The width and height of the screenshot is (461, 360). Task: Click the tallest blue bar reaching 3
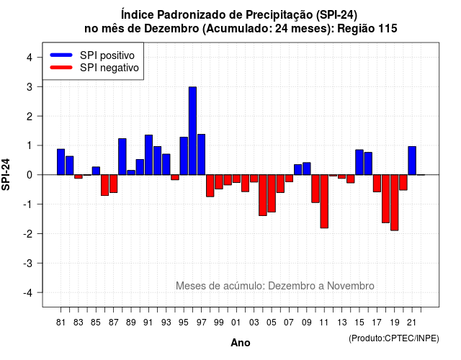click(192, 131)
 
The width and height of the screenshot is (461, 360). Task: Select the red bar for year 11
click(324, 202)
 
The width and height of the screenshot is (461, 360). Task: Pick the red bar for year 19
click(395, 202)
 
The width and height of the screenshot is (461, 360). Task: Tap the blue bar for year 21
click(412, 161)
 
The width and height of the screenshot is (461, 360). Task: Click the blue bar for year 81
click(61, 162)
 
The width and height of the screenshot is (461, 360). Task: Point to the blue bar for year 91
click(149, 155)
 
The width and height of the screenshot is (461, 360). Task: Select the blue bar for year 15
click(359, 162)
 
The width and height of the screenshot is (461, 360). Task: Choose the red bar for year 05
click(272, 194)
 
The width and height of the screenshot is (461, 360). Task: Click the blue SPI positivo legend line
click(61, 55)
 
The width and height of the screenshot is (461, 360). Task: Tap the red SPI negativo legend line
click(61, 68)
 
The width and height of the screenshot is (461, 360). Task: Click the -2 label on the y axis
click(28, 234)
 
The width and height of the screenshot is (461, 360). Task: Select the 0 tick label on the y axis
click(30, 175)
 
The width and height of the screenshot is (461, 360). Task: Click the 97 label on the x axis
click(202, 323)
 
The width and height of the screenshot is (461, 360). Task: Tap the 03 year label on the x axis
click(254, 323)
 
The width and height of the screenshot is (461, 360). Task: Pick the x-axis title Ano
click(241, 343)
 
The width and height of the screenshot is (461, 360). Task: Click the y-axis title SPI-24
click(6, 174)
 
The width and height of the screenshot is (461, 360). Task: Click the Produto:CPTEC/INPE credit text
click(394, 338)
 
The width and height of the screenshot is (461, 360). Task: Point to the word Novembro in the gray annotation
click(351, 286)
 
